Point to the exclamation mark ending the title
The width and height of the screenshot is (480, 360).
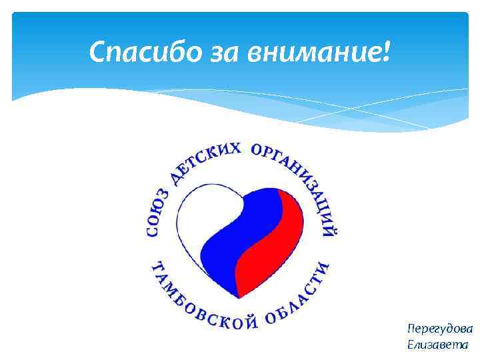[387, 51]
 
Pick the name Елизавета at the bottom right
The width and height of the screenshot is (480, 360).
[437, 345]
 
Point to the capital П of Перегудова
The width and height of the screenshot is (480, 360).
[411, 329]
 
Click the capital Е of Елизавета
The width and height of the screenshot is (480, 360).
[409, 345]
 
